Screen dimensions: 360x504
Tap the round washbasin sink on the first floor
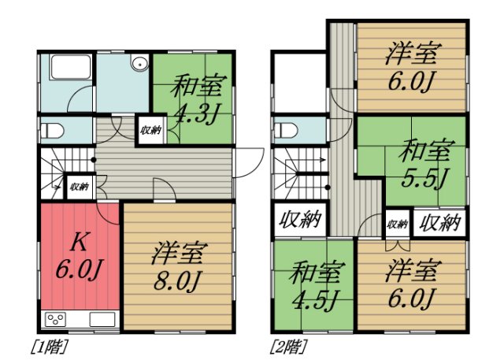pos(140,65)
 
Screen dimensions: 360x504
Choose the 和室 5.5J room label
pos(426,159)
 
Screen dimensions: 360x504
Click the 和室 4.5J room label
pos(314,285)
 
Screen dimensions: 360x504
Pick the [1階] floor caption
pos(48,344)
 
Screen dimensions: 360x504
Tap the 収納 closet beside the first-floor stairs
pos(77,187)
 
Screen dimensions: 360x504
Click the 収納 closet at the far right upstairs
pos(439,222)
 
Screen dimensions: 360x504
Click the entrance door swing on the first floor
pos(246,161)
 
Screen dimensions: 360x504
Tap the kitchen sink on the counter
pos(102,320)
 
